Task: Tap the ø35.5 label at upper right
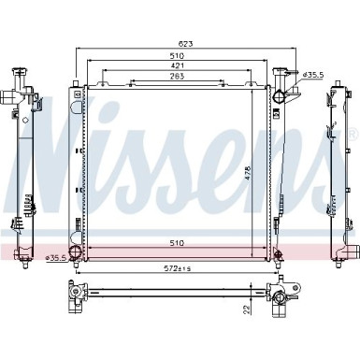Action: [313, 73]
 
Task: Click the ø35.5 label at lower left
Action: [55, 256]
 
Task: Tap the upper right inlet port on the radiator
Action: [281, 94]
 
